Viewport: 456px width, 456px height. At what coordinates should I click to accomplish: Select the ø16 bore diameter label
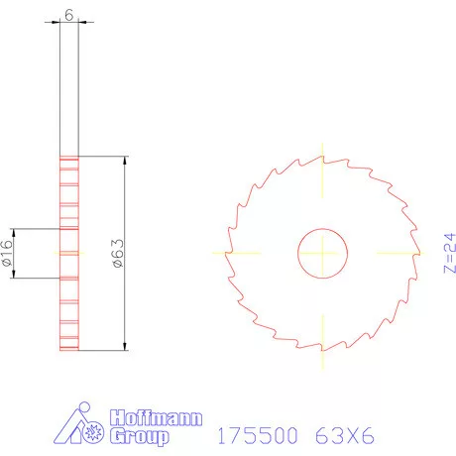click(x=7, y=255)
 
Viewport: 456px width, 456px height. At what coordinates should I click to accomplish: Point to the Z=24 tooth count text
click(x=447, y=253)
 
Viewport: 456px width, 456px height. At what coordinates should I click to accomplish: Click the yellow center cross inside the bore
click(x=322, y=253)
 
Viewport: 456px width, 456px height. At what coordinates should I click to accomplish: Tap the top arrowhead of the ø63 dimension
click(x=125, y=160)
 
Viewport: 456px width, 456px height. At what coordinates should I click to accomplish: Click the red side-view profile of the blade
click(x=68, y=297)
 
